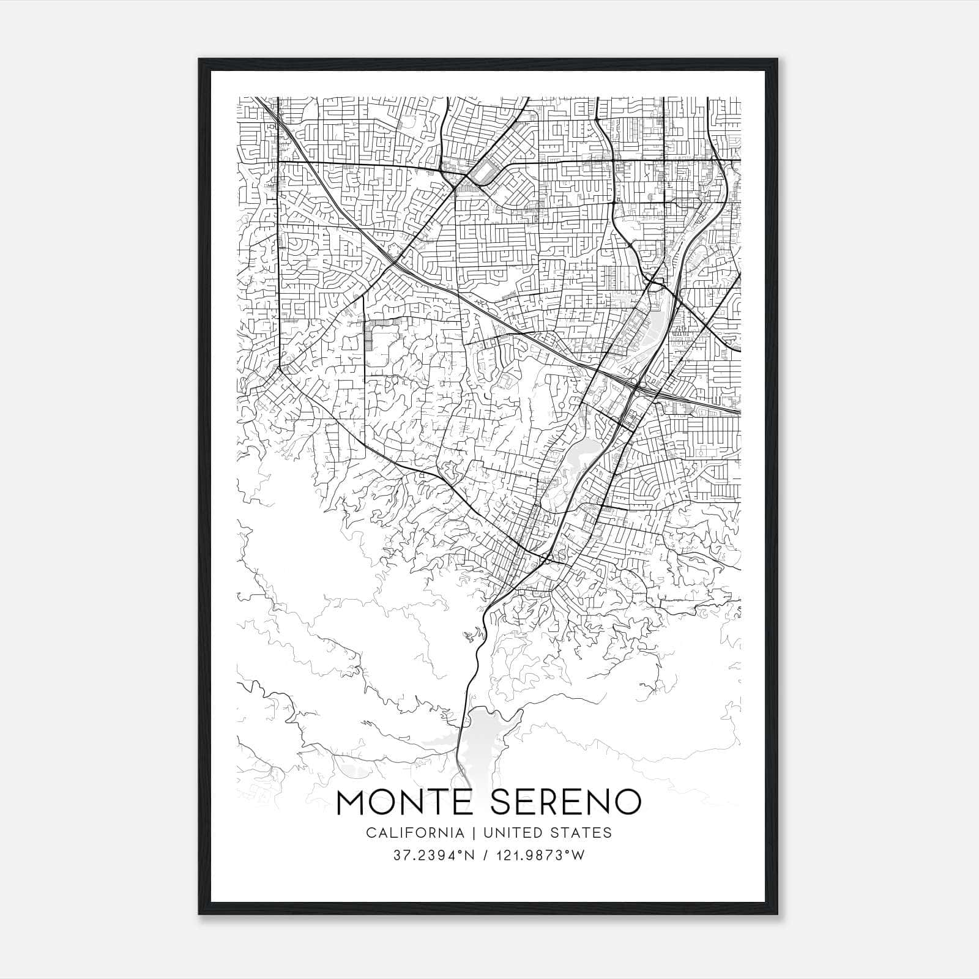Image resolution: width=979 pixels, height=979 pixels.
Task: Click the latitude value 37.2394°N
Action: tap(435, 855)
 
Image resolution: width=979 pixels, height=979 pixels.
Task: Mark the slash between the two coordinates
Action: tap(485, 855)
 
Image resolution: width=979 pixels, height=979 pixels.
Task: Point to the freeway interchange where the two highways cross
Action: tap(636, 388)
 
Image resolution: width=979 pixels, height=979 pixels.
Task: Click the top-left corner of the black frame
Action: tap(200, 60)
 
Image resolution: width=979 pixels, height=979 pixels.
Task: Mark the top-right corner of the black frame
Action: tap(778, 60)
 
